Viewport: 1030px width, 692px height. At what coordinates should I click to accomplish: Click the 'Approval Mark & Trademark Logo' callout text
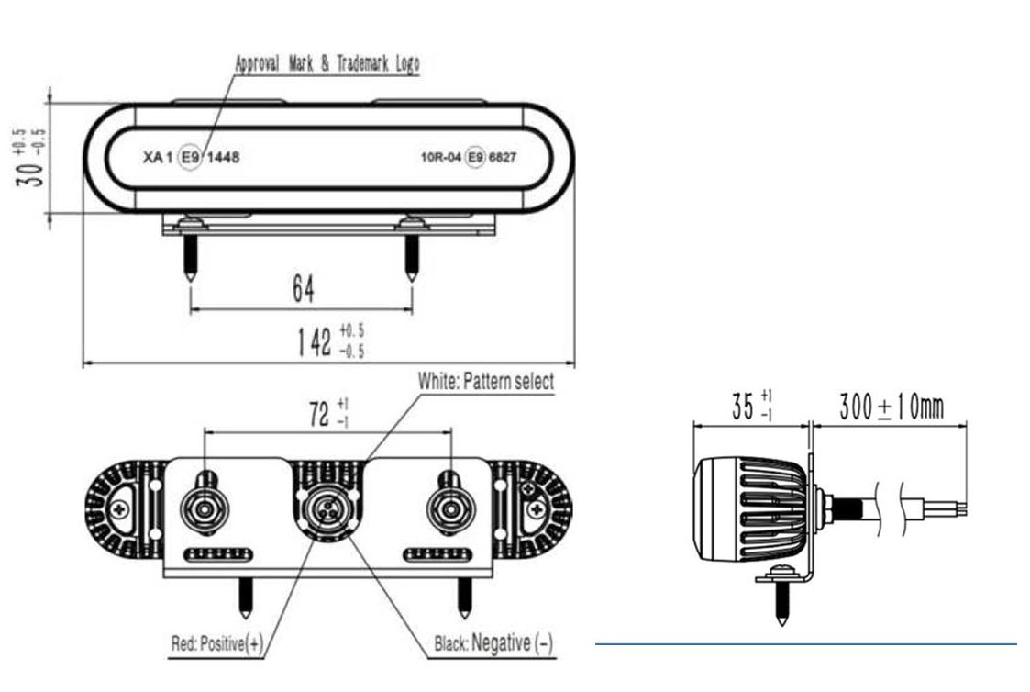(327, 63)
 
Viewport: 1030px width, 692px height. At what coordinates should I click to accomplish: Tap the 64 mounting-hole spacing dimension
(304, 288)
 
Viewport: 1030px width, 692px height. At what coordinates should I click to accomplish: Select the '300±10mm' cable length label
(892, 407)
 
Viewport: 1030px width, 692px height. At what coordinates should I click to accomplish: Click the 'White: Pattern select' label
(486, 381)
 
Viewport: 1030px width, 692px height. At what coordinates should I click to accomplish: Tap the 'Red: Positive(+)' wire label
(216, 643)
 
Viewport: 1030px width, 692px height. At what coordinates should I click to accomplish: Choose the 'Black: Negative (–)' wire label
(493, 642)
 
